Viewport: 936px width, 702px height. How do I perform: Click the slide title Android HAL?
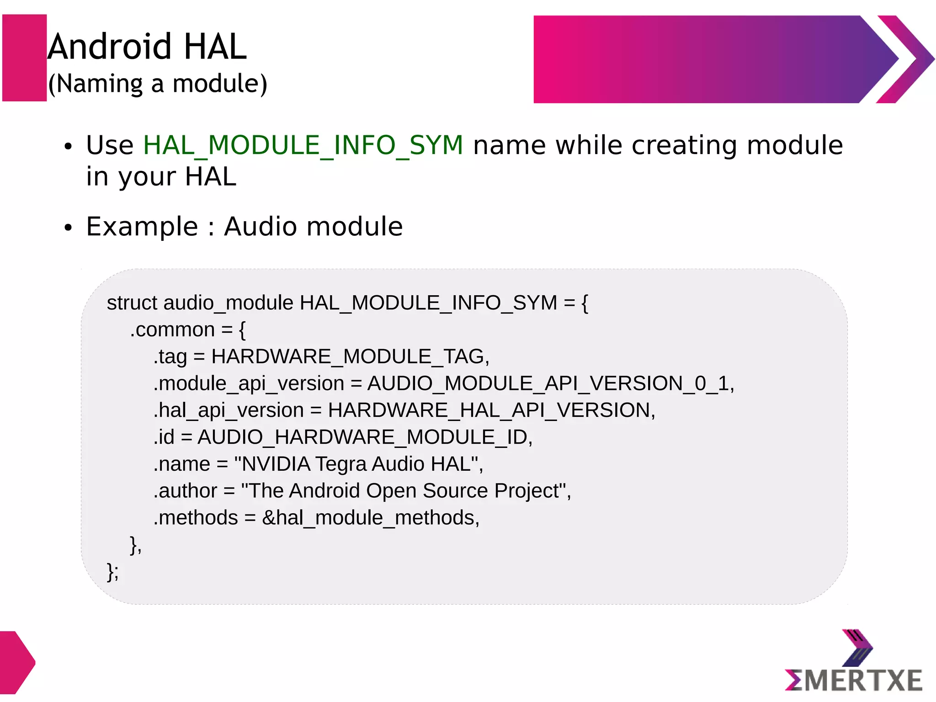point(147,47)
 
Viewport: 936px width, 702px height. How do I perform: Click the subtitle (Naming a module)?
point(158,84)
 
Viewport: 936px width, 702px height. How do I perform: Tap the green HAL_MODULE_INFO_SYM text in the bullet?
point(303,145)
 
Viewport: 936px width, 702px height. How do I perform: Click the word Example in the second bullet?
point(142,227)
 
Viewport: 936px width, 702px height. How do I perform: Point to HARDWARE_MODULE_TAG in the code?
point(350,357)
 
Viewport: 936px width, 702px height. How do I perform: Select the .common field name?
point(172,330)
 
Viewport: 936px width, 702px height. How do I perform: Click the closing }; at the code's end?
point(112,572)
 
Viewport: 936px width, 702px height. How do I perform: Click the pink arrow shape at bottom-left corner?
point(16,662)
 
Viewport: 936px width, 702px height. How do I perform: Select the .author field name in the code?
point(185,491)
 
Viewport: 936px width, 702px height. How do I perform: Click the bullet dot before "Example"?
point(69,228)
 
